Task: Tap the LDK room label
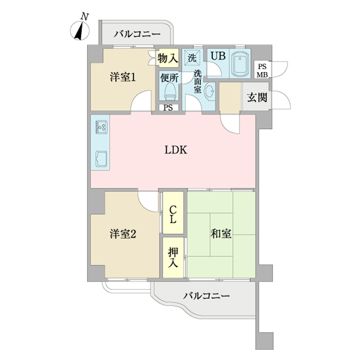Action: point(176,151)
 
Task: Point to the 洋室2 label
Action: point(122,234)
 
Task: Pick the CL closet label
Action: point(173,214)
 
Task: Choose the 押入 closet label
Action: point(173,257)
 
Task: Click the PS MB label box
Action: point(262,70)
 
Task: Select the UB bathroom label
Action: point(217,56)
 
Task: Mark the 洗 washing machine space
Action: point(192,58)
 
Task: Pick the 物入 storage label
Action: point(168,59)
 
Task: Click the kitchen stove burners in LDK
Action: point(100,128)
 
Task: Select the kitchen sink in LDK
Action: point(100,160)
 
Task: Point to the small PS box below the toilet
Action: point(168,108)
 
